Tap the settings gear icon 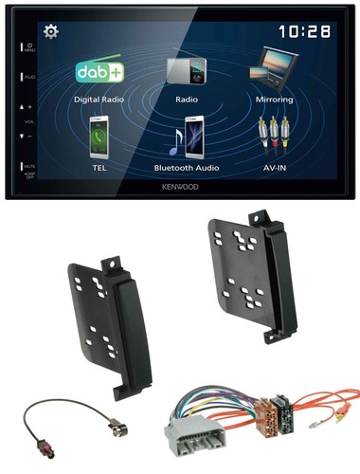pyautogui.click(x=51, y=32)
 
